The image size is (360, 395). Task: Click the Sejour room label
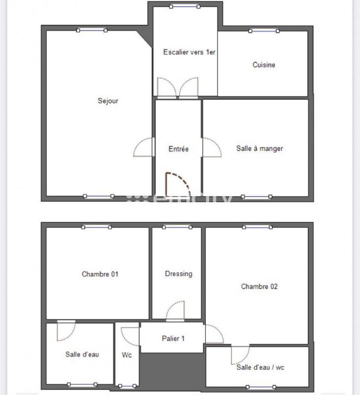click(x=108, y=101)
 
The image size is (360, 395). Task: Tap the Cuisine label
click(x=264, y=65)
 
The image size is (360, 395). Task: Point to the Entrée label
click(x=179, y=149)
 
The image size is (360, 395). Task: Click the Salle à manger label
click(x=259, y=148)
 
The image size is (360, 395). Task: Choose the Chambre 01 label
click(x=100, y=274)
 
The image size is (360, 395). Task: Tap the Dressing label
click(x=179, y=274)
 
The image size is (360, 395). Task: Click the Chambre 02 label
click(x=259, y=286)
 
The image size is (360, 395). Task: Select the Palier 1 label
click(x=173, y=338)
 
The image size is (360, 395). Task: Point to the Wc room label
click(x=127, y=355)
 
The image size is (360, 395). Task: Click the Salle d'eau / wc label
click(x=260, y=367)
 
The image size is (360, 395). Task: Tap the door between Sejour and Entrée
click(x=144, y=148)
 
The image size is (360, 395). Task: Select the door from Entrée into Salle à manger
click(x=211, y=148)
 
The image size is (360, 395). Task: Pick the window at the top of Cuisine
click(x=264, y=31)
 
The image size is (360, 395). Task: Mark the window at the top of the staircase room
click(x=185, y=6)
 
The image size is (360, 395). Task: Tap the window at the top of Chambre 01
click(x=97, y=227)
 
